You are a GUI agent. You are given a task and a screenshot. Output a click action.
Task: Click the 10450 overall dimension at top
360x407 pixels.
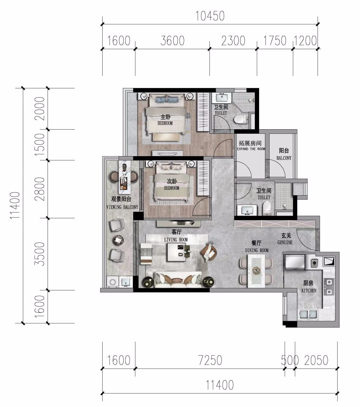click(x=210, y=16)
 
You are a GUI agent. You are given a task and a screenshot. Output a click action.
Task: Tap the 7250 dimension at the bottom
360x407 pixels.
click(x=210, y=360)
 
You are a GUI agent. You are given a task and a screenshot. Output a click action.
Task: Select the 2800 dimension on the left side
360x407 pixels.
click(x=40, y=189)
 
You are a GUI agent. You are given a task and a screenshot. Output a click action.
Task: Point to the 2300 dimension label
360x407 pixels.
click(x=233, y=41)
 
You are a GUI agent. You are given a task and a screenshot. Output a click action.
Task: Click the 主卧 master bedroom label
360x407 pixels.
click(x=165, y=117)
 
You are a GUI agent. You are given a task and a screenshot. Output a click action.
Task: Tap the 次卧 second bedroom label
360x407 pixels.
click(x=172, y=181)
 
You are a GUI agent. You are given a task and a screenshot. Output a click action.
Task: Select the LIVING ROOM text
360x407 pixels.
click(x=176, y=239)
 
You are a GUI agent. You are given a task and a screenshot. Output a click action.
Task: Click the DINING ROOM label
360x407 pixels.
click(x=257, y=250)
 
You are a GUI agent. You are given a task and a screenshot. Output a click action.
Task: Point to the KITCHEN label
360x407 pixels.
click(x=309, y=290)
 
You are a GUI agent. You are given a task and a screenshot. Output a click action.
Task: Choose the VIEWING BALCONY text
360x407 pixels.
click(x=122, y=207)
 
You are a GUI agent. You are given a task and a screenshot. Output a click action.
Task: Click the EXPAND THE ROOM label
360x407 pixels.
click(x=251, y=149)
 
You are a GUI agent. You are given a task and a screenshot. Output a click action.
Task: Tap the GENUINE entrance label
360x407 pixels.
click(x=285, y=242)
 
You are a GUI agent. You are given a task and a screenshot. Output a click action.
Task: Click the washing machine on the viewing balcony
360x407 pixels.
click(x=113, y=282)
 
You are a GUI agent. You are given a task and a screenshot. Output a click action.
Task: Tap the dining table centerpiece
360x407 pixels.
click(x=256, y=271)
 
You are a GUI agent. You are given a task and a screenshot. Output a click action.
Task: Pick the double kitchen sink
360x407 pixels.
click(x=308, y=314)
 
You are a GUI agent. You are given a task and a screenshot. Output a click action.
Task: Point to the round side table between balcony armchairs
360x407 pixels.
click(x=118, y=240)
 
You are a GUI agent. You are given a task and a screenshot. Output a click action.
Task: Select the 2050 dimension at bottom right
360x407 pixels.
click(x=316, y=360)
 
